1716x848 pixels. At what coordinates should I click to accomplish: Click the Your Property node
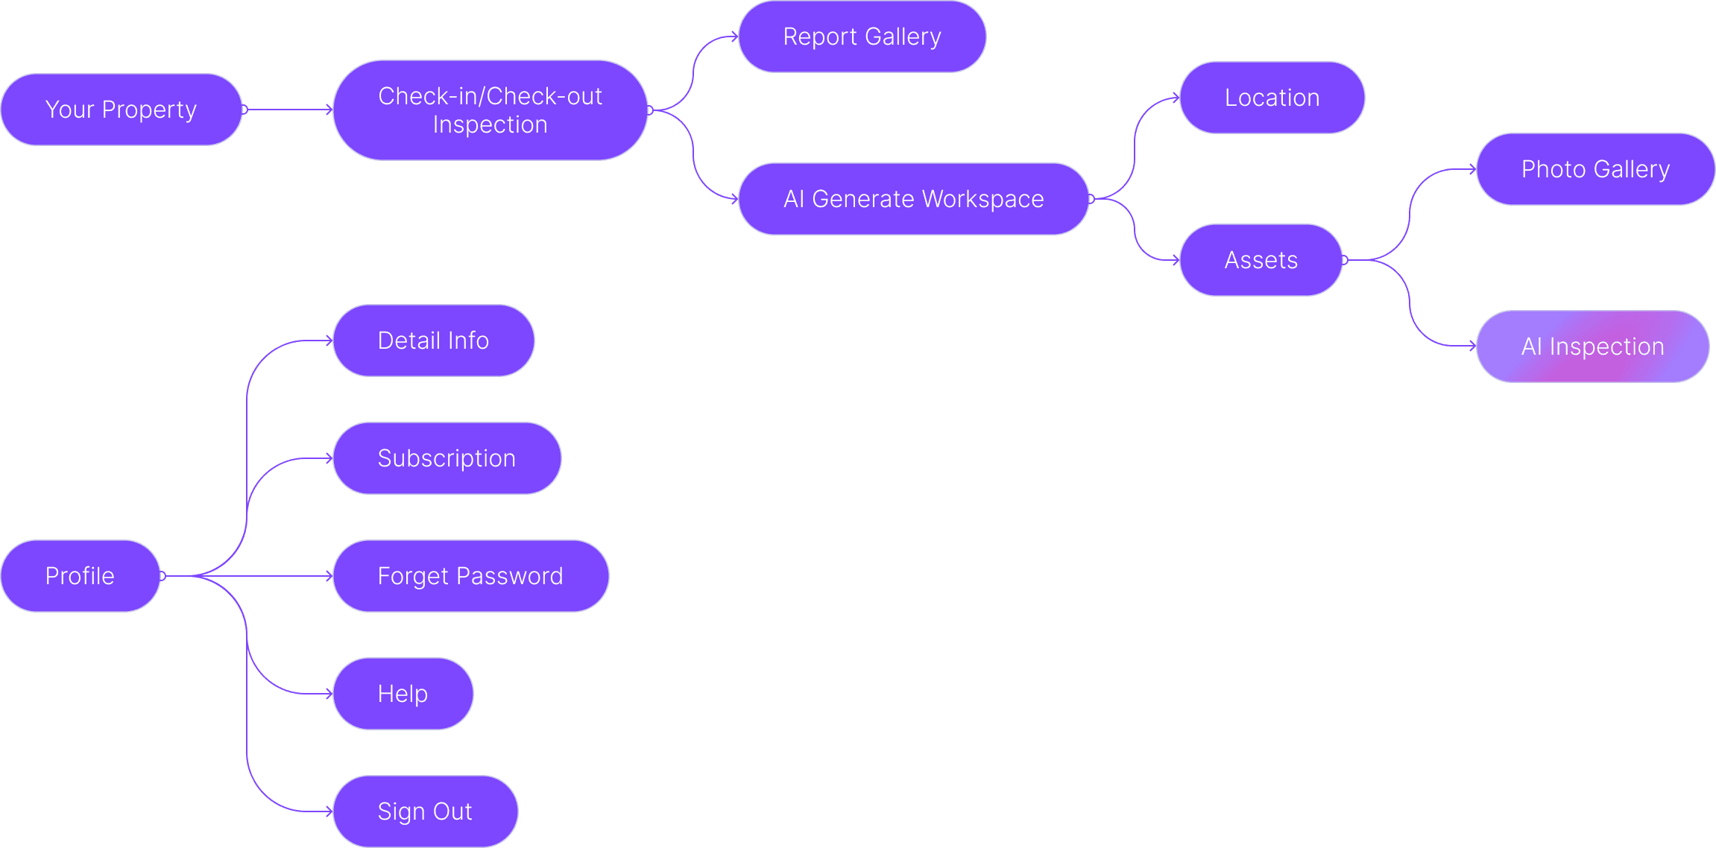(x=121, y=110)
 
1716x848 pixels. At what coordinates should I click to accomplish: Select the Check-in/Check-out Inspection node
(x=490, y=110)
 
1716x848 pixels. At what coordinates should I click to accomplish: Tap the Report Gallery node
(x=862, y=37)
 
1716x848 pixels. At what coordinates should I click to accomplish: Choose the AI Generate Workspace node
(x=913, y=199)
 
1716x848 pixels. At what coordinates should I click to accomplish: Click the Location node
(x=1272, y=98)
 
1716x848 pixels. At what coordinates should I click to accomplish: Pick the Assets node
(x=1261, y=260)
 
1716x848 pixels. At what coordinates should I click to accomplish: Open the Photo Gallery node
(x=1595, y=169)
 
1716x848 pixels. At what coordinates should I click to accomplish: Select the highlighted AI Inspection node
(x=1592, y=347)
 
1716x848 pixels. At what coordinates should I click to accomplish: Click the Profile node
(x=80, y=576)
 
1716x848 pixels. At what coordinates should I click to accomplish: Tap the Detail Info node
(x=433, y=341)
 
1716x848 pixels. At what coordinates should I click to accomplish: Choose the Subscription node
(x=447, y=458)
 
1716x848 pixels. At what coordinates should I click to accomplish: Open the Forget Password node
(x=470, y=576)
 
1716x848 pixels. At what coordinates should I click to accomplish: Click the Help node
(x=403, y=694)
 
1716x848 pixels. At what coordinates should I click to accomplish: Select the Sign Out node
(x=425, y=811)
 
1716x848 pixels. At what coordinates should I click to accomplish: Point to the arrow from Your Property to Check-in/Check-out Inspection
(x=288, y=110)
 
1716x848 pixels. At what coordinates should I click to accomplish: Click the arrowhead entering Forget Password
(x=329, y=576)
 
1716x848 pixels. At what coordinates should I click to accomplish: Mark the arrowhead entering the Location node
(x=1176, y=98)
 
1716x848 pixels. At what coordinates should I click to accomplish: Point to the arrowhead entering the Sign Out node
(x=329, y=811)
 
